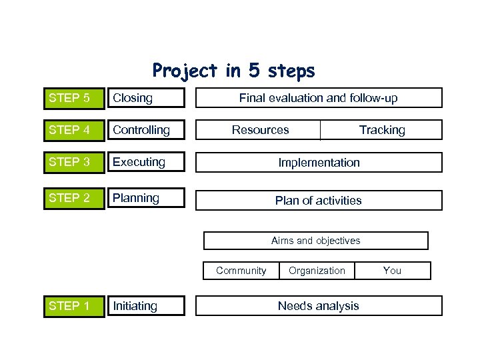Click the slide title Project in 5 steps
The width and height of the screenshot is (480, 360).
(233, 71)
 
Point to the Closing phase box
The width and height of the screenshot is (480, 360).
(145, 98)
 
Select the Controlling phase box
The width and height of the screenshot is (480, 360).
(145, 130)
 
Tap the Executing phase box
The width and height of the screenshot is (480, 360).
(145, 162)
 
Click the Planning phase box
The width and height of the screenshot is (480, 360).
(145, 198)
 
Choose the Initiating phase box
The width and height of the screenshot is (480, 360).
(145, 306)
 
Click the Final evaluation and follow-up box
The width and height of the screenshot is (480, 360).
(318, 98)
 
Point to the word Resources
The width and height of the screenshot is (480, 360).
(260, 130)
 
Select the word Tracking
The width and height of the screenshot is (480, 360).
(382, 130)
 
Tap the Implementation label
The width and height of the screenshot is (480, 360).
(319, 163)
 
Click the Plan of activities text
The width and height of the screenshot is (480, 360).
(319, 201)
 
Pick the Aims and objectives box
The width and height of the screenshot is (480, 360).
(315, 241)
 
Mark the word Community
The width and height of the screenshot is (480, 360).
(241, 271)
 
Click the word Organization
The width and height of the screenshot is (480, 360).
(317, 271)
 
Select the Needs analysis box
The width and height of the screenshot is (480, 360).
(318, 306)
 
